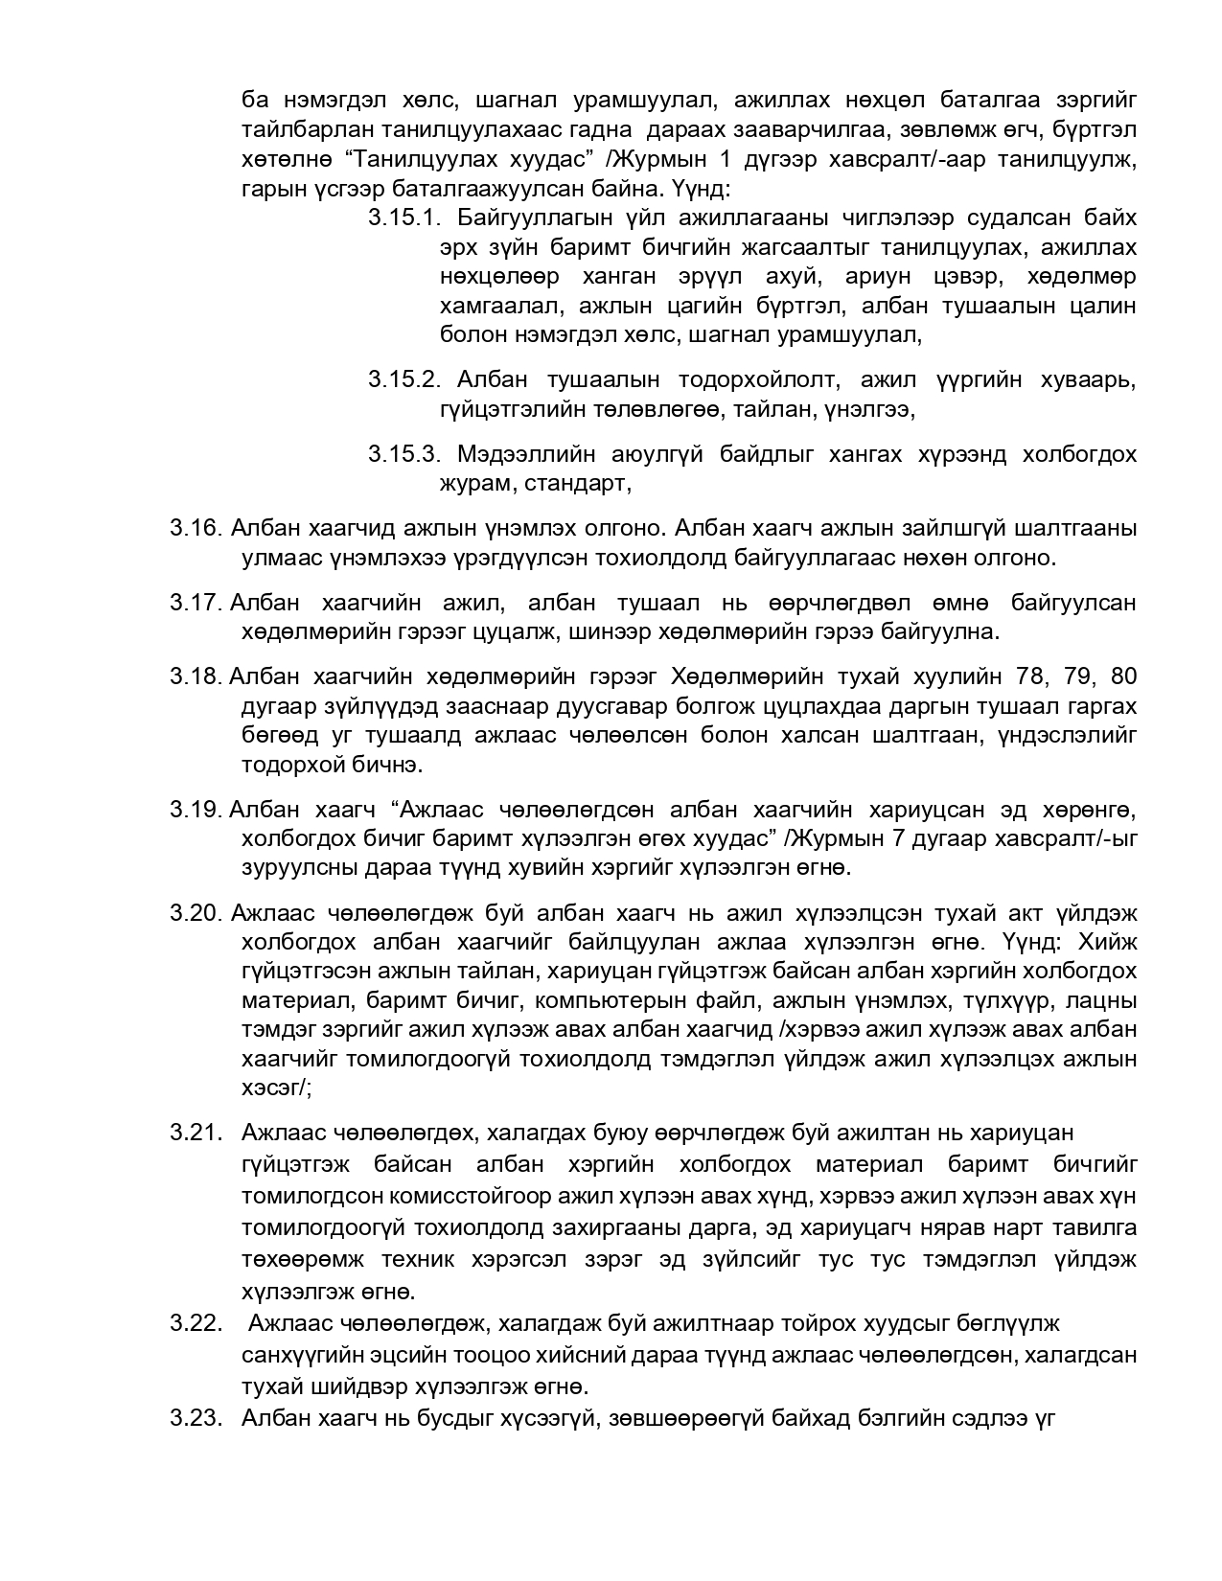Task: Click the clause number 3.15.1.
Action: coord(403,218)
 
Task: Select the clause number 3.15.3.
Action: coord(403,454)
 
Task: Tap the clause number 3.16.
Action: coord(196,528)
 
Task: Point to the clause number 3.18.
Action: coord(196,676)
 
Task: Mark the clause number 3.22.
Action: coord(196,1324)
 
